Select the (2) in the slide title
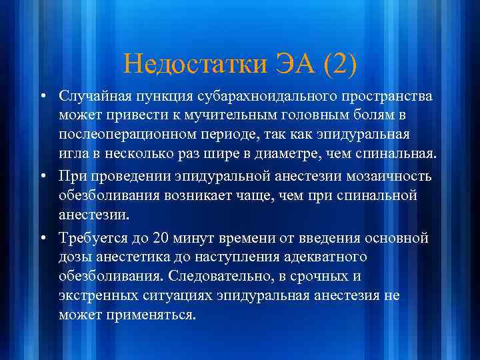pos(339,65)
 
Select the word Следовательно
pos(232,276)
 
